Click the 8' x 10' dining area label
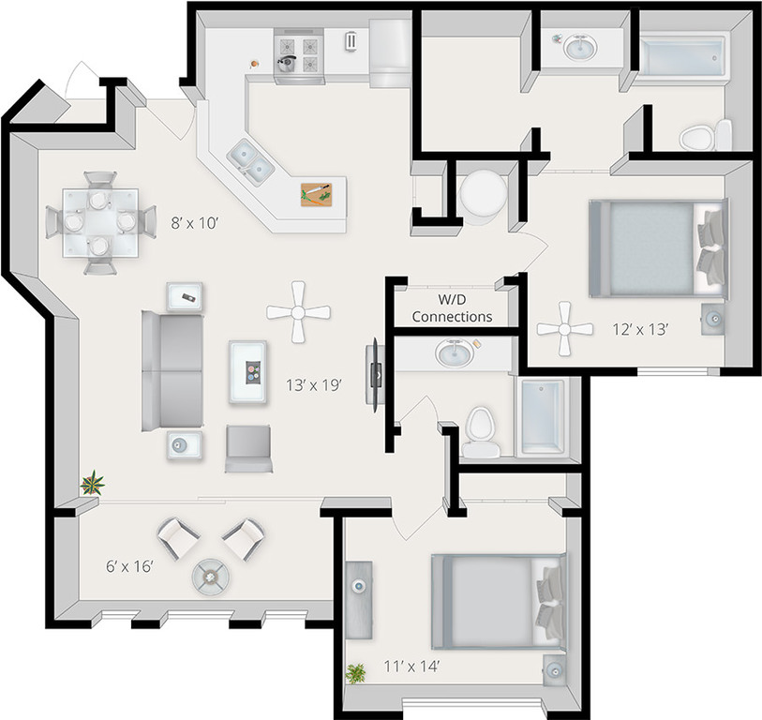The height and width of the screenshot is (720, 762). [194, 223]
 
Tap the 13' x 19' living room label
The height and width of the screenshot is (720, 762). [313, 384]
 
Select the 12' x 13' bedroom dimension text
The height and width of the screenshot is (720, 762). [640, 329]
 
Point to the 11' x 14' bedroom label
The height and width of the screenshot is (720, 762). [412, 667]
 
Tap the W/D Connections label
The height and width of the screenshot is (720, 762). [452, 308]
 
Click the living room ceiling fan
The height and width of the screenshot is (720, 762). [298, 311]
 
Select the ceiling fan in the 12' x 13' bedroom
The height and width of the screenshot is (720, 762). [564, 328]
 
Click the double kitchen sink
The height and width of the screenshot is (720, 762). [250, 161]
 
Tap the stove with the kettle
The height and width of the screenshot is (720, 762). [298, 55]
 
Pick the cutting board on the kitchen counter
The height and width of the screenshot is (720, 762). [316, 194]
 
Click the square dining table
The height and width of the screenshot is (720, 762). [99, 222]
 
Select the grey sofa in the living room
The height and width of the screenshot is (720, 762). [172, 371]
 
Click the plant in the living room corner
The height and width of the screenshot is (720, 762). [92, 484]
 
